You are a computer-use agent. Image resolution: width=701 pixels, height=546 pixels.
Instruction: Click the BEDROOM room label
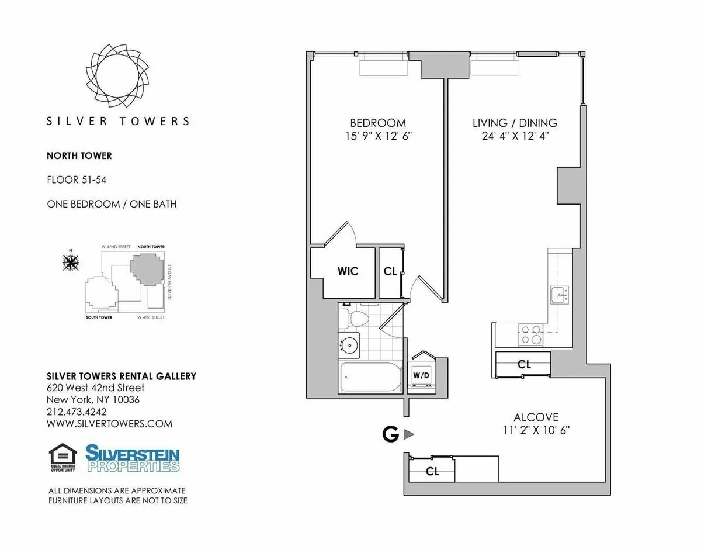(x=377, y=123)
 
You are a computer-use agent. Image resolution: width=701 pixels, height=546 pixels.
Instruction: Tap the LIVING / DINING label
(x=515, y=123)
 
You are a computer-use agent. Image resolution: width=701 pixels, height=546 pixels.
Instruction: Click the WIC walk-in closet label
(x=347, y=271)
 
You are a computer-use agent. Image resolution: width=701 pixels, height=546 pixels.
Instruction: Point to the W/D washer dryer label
(x=421, y=374)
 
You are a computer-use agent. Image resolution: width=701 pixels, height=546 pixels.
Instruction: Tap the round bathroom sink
(x=350, y=346)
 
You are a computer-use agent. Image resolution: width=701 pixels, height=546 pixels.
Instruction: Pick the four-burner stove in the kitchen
(x=531, y=334)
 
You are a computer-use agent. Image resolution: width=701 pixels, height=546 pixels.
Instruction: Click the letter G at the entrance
(x=390, y=434)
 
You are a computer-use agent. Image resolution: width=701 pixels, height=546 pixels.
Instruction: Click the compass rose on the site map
(x=71, y=262)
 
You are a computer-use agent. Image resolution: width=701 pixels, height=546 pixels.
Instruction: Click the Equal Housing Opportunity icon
(x=63, y=458)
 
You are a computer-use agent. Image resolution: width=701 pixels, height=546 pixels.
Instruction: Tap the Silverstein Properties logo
(x=133, y=458)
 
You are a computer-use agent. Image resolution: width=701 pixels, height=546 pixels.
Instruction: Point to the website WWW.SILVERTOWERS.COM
(x=109, y=424)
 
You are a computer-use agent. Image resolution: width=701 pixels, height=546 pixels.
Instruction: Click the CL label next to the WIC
(x=390, y=271)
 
